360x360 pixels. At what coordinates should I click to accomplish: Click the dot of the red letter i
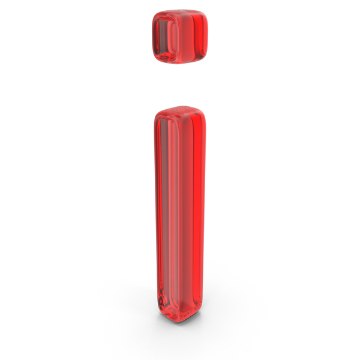(180, 37)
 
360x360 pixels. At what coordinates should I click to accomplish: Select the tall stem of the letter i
(180, 214)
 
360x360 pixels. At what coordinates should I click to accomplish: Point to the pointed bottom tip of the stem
(180, 322)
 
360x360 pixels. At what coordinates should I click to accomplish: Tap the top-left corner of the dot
(154, 14)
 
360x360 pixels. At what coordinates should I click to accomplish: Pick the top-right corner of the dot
(206, 13)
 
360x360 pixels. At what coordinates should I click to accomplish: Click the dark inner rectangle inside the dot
(166, 36)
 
